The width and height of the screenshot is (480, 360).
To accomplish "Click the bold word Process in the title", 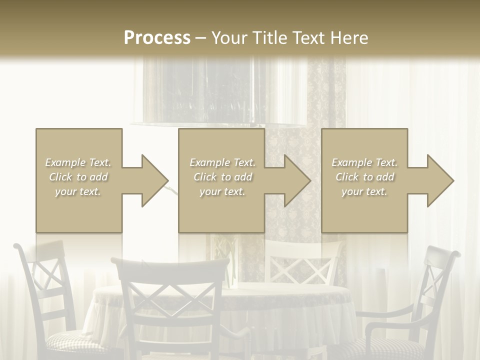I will [x=157, y=37].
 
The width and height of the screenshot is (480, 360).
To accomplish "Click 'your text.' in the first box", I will [x=78, y=191].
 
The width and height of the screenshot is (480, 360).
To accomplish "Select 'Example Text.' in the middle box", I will [x=222, y=162].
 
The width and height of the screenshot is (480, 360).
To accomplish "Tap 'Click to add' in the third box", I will [x=365, y=177].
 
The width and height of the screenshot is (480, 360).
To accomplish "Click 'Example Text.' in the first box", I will [x=78, y=162].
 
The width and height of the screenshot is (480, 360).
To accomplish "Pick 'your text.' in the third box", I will [x=364, y=191].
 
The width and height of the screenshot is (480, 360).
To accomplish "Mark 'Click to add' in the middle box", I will [x=222, y=177].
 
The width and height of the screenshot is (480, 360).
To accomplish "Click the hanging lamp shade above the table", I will [x=220, y=95].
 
